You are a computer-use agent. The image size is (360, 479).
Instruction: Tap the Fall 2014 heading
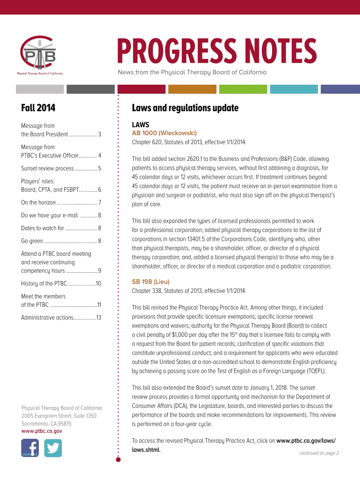[x=38, y=108]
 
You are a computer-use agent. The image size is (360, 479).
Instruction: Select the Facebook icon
[x=30, y=448]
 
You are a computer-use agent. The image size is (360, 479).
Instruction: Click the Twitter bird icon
[x=53, y=448]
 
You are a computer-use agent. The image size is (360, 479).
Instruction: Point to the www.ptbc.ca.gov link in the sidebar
[x=42, y=431]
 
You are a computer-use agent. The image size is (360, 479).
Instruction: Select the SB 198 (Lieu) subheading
[x=151, y=282]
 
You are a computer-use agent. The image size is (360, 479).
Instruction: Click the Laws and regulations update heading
[x=185, y=108]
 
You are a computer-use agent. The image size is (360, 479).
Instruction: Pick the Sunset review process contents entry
[x=61, y=168]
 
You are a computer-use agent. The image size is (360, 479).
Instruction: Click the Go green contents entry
[x=61, y=241]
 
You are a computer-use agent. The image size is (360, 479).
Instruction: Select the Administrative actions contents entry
[x=61, y=318]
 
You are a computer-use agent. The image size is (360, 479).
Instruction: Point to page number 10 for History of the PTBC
[x=99, y=283]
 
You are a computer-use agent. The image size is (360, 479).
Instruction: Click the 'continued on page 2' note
[x=319, y=453]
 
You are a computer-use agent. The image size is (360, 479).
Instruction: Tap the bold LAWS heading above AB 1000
[x=140, y=125]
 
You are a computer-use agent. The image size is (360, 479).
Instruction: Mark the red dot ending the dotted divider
[x=118, y=460]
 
